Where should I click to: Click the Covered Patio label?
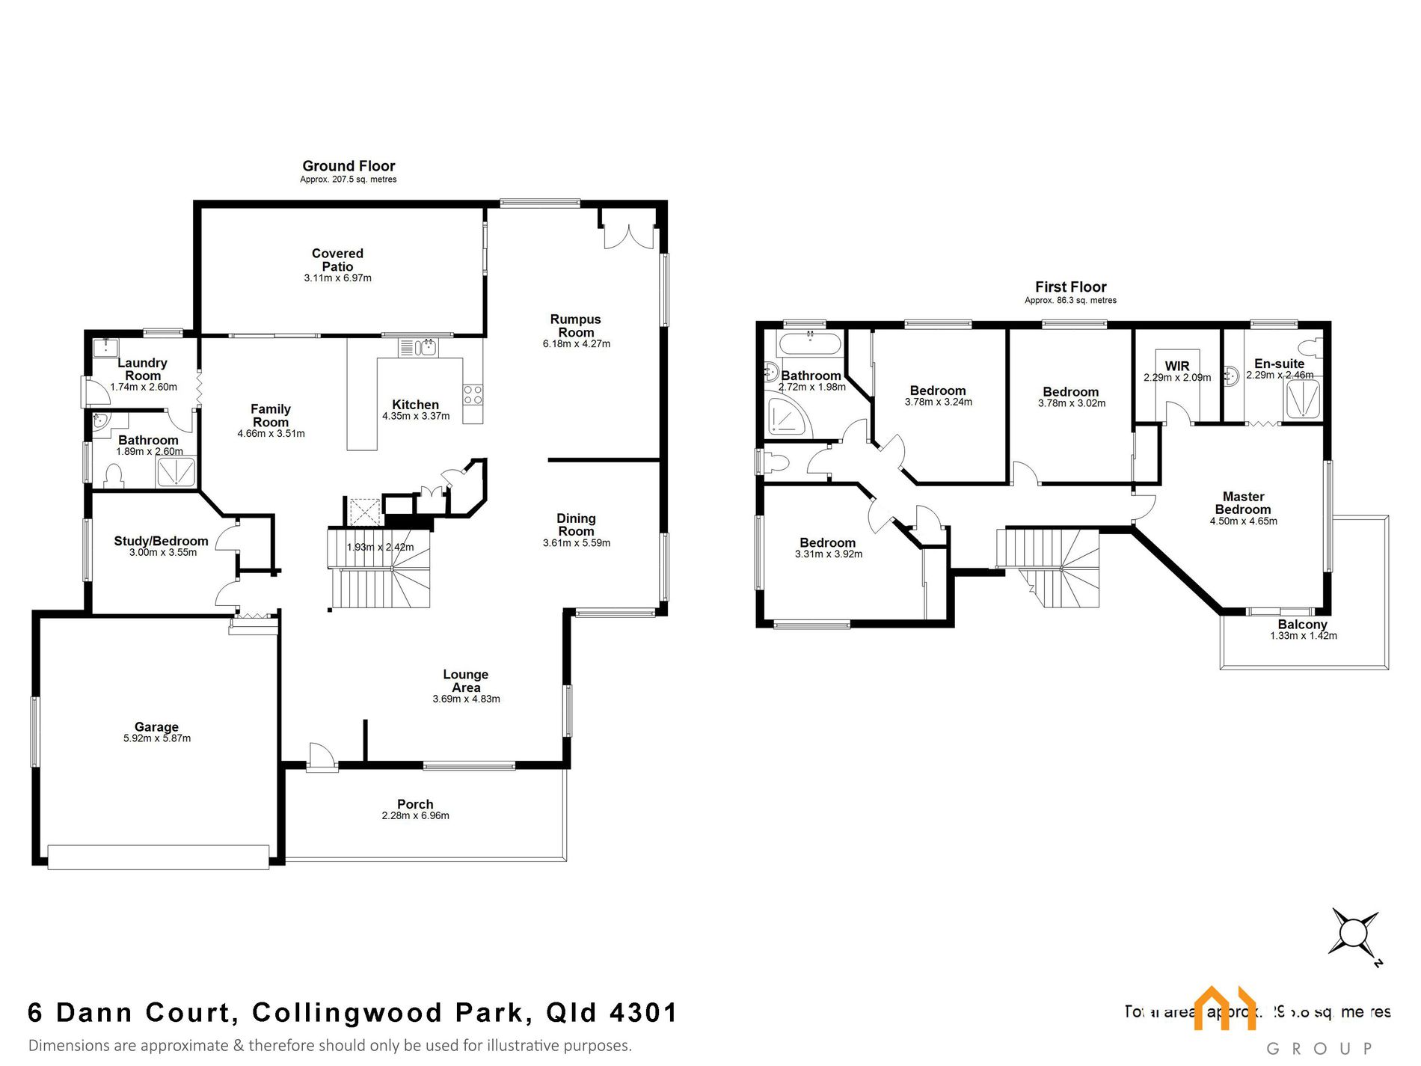point(337,260)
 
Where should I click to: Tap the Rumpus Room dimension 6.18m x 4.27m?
point(576,344)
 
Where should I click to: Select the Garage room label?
point(156,726)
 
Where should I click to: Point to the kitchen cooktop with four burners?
point(473,394)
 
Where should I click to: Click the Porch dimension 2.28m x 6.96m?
point(415,816)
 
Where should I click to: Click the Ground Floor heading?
point(349,166)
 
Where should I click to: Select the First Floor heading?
point(1070,287)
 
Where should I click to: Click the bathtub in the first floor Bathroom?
point(809,345)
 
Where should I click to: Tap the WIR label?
point(1176,366)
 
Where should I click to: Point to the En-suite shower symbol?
point(1303,399)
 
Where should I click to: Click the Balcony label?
point(1302,624)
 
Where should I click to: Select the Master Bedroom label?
point(1243,503)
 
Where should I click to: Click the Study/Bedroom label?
point(161,541)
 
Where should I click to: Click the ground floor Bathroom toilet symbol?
point(113,477)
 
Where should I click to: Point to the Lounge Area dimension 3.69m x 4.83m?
point(466,699)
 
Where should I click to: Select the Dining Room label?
point(576,524)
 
